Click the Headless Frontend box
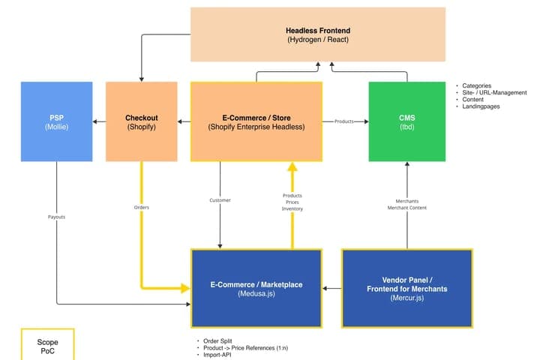[x=318, y=34]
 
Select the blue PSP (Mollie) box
[x=56, y=121]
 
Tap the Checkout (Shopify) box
[x=142, y=121]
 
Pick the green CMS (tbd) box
[x=407, y=121]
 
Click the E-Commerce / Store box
[x=256, y=121]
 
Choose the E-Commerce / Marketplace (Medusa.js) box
[x=256, y=288]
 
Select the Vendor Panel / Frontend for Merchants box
[x=407, y=288]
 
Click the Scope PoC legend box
[x=47, y=344]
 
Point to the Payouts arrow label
[x=56, y=217]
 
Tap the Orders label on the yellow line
[x=142, y=208]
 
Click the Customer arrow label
[x=220, y=200]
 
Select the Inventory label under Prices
[x=292, y=208]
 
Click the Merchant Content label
[x=407, y=208]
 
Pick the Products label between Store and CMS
[x=344, y=121]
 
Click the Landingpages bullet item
[x=481, y=106]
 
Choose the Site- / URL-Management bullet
[x=494, y=93]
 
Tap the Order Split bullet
[x=217, y=341]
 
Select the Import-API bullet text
[x=217, y=355]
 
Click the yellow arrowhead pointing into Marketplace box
[x=185, y=288]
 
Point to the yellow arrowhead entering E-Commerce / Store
[x=292, y=167]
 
